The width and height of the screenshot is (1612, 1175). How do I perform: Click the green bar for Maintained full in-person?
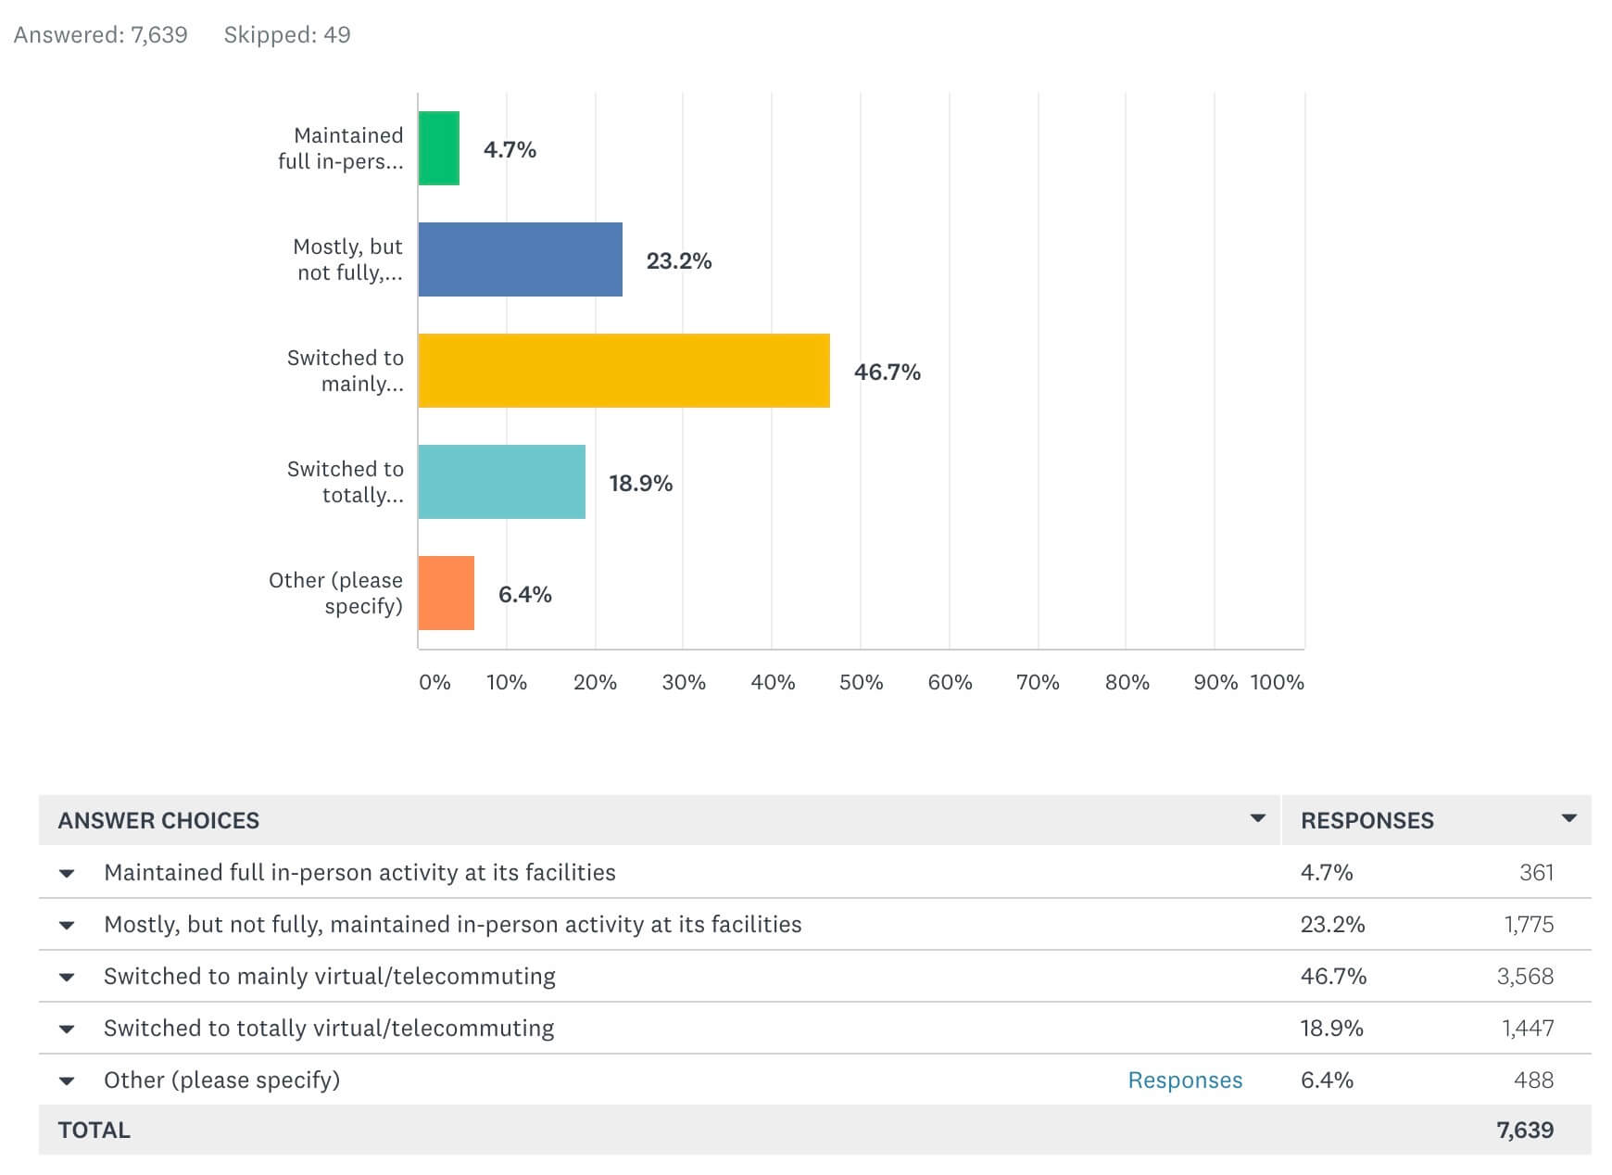tap(439, 148)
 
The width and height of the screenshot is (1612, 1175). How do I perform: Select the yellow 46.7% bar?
tap(623, 371)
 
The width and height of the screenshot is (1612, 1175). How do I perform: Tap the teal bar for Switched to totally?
tap(501, 482)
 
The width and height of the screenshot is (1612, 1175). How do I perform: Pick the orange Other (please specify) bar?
tap(447, 593)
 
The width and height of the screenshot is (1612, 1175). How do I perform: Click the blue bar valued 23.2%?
tap(520, 259)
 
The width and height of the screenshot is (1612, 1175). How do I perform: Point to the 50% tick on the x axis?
tap(861, 683)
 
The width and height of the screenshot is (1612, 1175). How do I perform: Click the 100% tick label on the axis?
tap(1277, 683)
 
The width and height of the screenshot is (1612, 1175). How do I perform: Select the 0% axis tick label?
tap(434, 683)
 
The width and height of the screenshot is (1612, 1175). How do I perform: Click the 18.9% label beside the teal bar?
tap(640, 483)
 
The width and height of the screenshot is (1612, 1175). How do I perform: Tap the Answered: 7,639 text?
tap(100, 35)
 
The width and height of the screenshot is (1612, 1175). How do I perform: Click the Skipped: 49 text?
tap(287, 35)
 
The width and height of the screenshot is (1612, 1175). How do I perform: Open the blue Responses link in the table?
tap(1185, 1080)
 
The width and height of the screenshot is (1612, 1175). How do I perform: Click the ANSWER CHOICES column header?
tap(158, 820)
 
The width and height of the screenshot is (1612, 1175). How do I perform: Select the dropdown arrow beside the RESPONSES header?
tap(1568, 818)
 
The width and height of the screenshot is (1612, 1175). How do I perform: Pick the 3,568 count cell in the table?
tap(1525, 977)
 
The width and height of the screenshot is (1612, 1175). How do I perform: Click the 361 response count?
tap(1536, 873)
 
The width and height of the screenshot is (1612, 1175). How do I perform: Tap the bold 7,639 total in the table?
tap(1525, 1131)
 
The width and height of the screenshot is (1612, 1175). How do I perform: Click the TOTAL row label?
tap(94, 1131)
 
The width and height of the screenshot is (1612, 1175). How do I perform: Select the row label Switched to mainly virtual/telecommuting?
tap(330, 977)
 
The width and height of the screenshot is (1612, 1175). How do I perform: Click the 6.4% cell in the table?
tap(1327, 1080)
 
